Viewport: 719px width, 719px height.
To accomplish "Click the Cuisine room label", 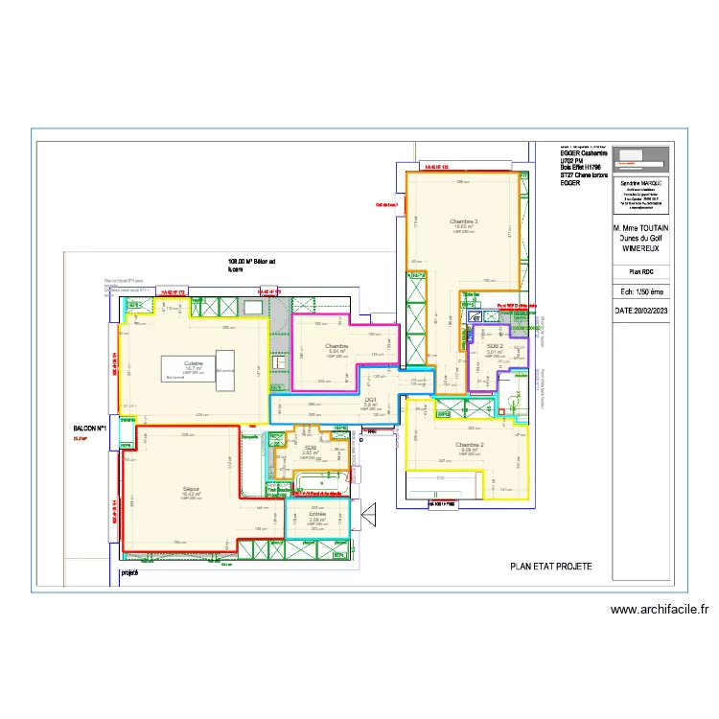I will click(195, 363).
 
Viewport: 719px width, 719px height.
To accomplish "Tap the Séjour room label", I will click(192, 489).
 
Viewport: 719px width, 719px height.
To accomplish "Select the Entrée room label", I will click(317, 515).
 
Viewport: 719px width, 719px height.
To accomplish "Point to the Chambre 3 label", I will click(463, 222).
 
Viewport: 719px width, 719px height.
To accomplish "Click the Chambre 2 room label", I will click(469, 445).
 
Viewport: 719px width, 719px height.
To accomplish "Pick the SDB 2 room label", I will click(495, 344).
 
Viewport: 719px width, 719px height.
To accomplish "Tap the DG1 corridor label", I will click(370, 399).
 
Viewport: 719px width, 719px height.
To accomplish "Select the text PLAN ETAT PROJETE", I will click(550, 567).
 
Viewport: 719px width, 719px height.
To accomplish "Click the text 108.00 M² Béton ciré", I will click(251, 266).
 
